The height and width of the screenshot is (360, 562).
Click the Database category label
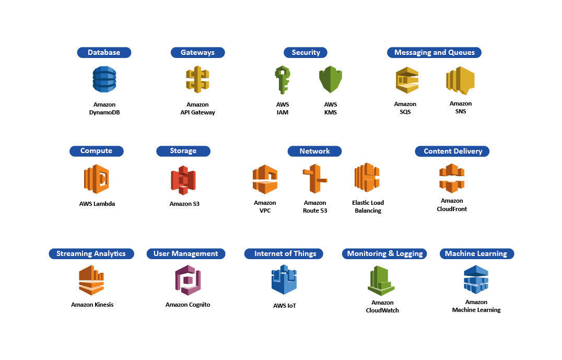[x=104, y=52]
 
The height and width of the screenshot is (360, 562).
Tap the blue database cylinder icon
[x=104, y=79]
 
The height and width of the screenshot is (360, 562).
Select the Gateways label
[x=197, y=52]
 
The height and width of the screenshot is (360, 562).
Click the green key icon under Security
[x=282, y=79]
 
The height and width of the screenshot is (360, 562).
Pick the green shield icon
[x=331, y=79]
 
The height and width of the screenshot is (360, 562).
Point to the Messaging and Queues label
[x=434, y=52]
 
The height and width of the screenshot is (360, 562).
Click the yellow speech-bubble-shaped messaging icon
[x=460, y=80]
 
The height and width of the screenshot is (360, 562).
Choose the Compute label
[x=96, y=151]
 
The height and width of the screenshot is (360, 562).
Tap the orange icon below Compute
[x=97, y=179]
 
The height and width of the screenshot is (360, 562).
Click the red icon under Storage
[x=183, y=180]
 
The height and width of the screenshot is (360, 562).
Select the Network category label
[x=314, y=151]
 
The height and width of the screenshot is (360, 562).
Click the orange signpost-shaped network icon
[x=314, y=179]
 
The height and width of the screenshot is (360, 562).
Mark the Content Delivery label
[x=452, y=151]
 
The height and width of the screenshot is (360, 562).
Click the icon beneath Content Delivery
[x=452, y=178]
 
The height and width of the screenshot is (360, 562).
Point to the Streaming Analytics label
[x=91, y=253]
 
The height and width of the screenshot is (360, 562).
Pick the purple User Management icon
[x=188, y=280]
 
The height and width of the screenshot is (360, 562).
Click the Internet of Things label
[x=285, y=253]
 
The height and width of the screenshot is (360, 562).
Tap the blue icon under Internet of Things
[x=284, y=280]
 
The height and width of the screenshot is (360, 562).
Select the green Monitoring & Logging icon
[x=381, y=281]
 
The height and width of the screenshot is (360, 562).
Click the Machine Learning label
[x=476, y=253]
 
